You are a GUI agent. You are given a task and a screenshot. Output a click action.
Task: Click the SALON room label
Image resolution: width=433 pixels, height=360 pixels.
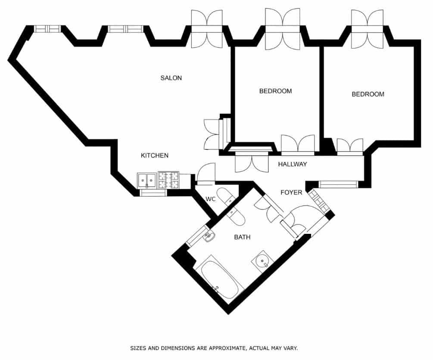pos(171,78)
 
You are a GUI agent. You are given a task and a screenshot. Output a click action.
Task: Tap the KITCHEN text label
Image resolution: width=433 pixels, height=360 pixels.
pos(155,155)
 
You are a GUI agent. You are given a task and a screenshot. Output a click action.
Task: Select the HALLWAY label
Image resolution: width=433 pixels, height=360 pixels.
pos(292,164)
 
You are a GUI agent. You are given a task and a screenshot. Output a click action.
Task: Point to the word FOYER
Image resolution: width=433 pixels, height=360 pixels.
pos(291,192)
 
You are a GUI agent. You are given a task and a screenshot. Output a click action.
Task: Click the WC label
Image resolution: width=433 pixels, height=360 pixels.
pos(210,199)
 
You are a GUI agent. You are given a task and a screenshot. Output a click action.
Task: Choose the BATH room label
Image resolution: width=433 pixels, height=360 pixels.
pos(242,237)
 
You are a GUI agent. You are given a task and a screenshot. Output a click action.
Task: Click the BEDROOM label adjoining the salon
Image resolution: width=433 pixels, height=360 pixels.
pos(275,91)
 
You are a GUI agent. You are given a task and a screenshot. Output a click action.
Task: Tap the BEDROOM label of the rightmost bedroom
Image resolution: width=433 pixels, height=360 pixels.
pos(368,94)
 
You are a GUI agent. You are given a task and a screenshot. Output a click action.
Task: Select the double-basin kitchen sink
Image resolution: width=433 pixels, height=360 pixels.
pos(147,180)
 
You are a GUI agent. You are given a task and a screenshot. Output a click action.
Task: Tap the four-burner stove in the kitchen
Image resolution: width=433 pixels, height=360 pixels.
pos(168,180)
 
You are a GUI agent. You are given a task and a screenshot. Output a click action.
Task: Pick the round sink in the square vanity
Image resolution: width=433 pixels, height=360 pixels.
pos(262,261)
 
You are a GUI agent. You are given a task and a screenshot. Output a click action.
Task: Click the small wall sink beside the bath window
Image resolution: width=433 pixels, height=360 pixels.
pos(209,236)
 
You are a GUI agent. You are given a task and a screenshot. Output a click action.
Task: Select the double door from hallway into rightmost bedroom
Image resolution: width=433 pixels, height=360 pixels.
pos(349,146)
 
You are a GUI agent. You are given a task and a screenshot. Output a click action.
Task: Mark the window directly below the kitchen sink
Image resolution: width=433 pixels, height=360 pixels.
pos(153,193)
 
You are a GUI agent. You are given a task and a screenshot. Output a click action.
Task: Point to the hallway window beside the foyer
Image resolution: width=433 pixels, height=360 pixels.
pos(338,184)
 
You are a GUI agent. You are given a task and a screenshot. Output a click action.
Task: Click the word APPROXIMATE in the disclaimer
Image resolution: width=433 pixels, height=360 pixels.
pos(227,348)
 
